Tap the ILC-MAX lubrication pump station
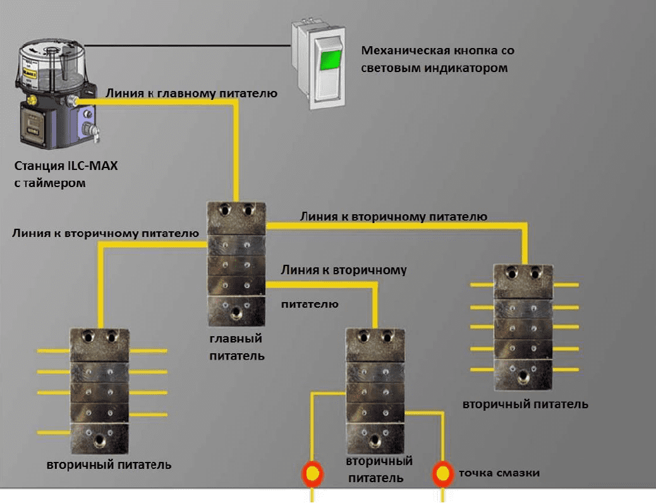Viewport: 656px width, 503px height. [x=57, y=94]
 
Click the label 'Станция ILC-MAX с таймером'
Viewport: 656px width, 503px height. [x=66, y=174]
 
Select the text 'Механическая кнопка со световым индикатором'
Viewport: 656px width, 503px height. [x=437, y=59]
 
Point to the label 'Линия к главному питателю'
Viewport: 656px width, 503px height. [x=191, y=93]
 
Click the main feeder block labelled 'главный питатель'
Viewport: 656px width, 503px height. [x=236, y=264]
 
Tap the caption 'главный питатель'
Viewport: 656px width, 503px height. [x=237, y=347]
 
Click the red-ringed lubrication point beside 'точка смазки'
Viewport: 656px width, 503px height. [x=442, y=474]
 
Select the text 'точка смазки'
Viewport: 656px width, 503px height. [x=499, y=473]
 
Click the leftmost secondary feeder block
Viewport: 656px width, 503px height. [x=100, y=391]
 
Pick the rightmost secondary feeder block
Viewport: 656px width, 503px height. [x=523, y=327]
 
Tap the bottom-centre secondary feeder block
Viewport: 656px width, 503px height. [x=375, y=391]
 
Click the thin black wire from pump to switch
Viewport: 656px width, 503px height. [x=188, y=45]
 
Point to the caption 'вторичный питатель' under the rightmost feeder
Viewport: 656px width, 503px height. [x=525, y=404]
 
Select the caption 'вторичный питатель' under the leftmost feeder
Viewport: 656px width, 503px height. [x=109, y=464]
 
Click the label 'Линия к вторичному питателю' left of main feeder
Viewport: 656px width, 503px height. [x=106, y=233]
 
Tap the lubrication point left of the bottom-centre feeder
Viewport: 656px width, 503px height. [x=312, y=474]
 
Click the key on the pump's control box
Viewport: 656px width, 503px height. [x=96, y=135]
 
